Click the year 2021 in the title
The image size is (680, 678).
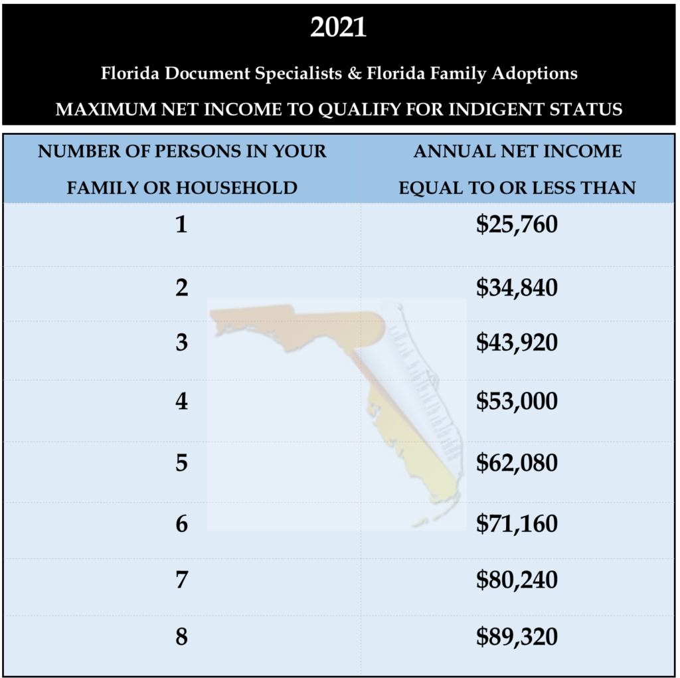click(339, 28)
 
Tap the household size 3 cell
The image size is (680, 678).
click(181, 343)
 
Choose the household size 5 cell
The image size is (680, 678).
click(181, 462)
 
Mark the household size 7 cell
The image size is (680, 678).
click(181, 580)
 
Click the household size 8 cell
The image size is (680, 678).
click(181, 637)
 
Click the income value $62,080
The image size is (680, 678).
click(517, 462)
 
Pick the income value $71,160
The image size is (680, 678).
click(517, 524)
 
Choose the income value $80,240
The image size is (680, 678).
click(517, 580)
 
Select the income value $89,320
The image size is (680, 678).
click(517, 637)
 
